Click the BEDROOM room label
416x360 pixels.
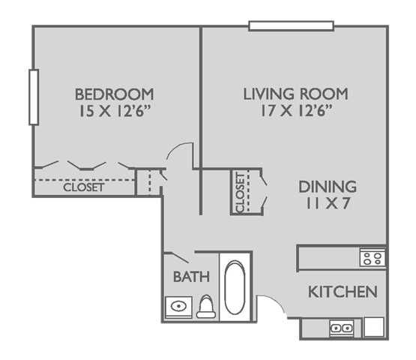(x=115, y=94)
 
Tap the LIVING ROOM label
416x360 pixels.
(x=295, y=94)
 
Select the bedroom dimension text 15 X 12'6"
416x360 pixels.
(x=115, y=111)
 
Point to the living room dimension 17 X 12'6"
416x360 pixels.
(x=297, y=110)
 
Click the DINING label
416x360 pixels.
(x=328, y=187)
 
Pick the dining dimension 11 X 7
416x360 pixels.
(x=328, y=203)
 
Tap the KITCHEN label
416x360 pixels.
(x=343, y=292)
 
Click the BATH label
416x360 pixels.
(x=191, y=277)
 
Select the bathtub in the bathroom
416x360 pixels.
(x=235, y=287)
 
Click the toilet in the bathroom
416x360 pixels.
(x=206, y=307)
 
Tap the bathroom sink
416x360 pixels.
(x=178, y=307)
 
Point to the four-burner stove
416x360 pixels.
(x=373, y=258)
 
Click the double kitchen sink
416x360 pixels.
(x=342, y=328)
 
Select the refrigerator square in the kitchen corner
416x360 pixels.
(x=374, y=327)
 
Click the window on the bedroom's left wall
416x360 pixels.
(x=34, y=97)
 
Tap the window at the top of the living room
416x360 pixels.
(x=292, y=26)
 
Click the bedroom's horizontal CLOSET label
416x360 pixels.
(x=83, y=187)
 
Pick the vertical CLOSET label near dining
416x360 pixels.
(x=240, y=192)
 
